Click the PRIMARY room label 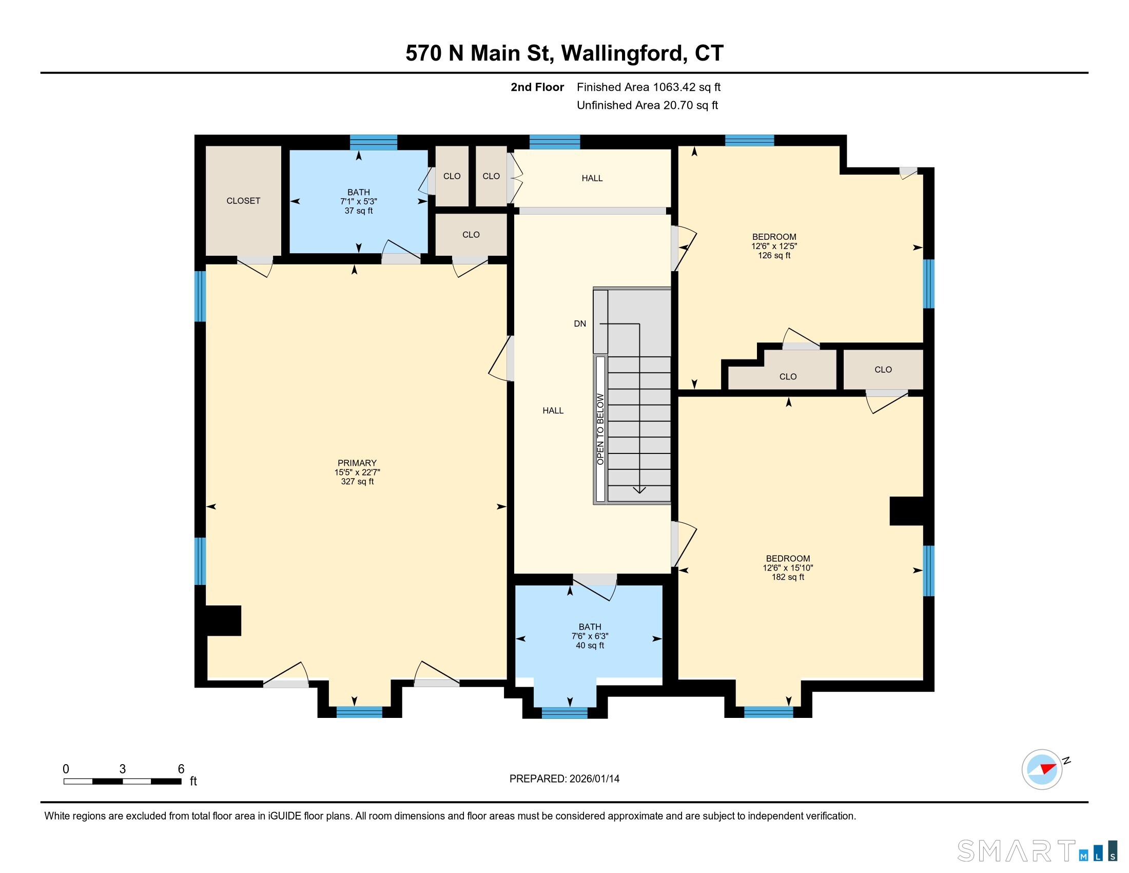point(357,463)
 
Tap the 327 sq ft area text point(357,482)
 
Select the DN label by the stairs point(580,324)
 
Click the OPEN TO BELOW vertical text point(600,429)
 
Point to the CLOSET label point(243,201)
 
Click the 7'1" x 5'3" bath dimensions point(358,201)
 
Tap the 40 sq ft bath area point(590,646)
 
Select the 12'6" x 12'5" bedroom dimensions point(774,246)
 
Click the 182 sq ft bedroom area point(788,577)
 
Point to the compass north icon point(1043,769)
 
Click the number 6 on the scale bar point(181,769)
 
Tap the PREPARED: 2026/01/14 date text point(564,779)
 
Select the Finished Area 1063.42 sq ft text point(648,87)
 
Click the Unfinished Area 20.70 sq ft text point(647,105)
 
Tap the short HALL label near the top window point(592,178)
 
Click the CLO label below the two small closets point(471,235)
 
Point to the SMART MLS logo point(1037,851)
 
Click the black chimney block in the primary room point(223,620)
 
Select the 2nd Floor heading point(537,87)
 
